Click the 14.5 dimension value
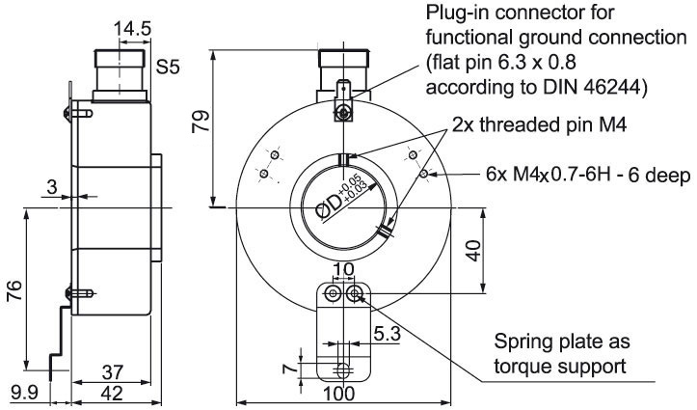tap(132, 29)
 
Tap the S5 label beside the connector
tap(168, 68)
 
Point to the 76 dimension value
tap(14, 290)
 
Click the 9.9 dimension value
tap(25, 393)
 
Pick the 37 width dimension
tap(113, 372)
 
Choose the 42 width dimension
tap(112, 394)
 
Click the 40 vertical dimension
tap(474, 251)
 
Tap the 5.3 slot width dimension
tap(387, 334)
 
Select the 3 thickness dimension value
tap(52, 187)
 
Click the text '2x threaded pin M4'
tap(539, 125)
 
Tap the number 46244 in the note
tap(611, 87)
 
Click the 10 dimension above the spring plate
tap(343, 269)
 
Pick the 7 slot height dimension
tap(290, 369)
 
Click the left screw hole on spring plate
tap(332, 293)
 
